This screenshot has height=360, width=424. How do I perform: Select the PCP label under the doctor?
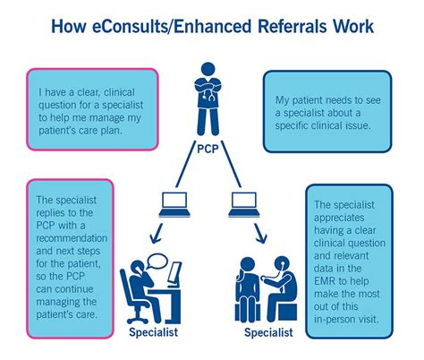tap(211, 149)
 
